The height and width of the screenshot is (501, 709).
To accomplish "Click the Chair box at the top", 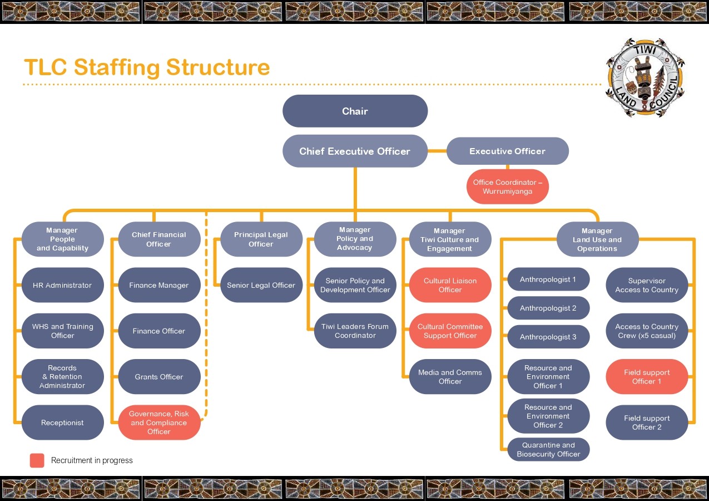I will point(355,111).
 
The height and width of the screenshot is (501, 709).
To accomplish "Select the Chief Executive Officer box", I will point(355,151).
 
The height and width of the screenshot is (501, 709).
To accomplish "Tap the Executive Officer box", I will point(507,151).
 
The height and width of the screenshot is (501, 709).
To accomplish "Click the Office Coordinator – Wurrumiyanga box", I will point(507,187).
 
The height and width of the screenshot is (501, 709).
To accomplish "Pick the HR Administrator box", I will point(62,285).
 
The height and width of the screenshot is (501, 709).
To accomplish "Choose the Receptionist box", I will point(62,423).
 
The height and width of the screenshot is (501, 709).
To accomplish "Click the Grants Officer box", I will point(159,377).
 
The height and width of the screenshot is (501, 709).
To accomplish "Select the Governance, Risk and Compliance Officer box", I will point(159,423).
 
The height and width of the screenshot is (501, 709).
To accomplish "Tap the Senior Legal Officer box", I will point(261,285).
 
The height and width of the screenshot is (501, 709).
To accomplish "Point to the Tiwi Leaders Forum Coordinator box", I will point(355,331).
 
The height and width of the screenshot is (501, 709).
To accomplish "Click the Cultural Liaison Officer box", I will point(450,285).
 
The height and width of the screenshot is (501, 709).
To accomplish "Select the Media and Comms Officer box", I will point(450,377).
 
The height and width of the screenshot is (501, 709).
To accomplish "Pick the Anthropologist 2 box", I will point(548,308).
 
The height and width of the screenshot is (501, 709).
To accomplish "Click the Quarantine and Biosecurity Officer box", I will point(548,450).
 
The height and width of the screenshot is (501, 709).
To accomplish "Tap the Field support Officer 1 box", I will point(647,377).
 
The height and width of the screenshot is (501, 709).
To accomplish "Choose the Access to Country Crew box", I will point(647,331).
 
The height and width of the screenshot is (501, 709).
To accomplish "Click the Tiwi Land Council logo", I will point(644,78).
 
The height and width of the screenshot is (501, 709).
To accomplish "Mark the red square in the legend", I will point(37,460).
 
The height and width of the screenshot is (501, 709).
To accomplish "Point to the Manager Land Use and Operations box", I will point(597,239).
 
